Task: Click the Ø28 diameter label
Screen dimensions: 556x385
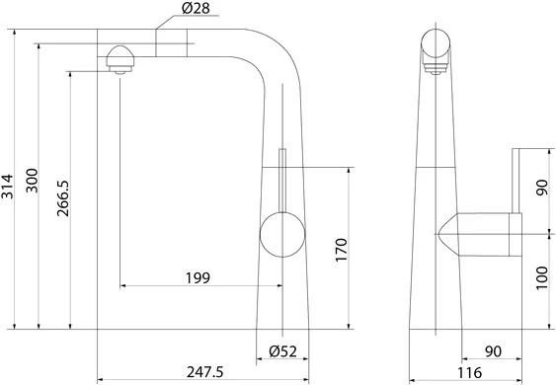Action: [x=196, y=8]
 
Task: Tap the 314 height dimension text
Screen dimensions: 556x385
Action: [x=7, y=187]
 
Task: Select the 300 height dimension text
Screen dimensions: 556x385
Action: [x=32, y=181]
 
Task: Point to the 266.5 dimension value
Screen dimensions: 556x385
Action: [x=63, y=198]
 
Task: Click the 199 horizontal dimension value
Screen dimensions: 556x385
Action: [x=198, y=278]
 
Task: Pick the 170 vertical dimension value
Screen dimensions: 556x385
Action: [x=341, y=250]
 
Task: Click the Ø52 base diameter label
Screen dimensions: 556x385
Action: [x=282, y=351]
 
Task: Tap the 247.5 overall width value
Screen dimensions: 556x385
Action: [x=205, y=372]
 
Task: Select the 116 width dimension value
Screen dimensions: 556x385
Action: [x=469, y=373]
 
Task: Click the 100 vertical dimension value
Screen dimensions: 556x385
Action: [x=542, y=278]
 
